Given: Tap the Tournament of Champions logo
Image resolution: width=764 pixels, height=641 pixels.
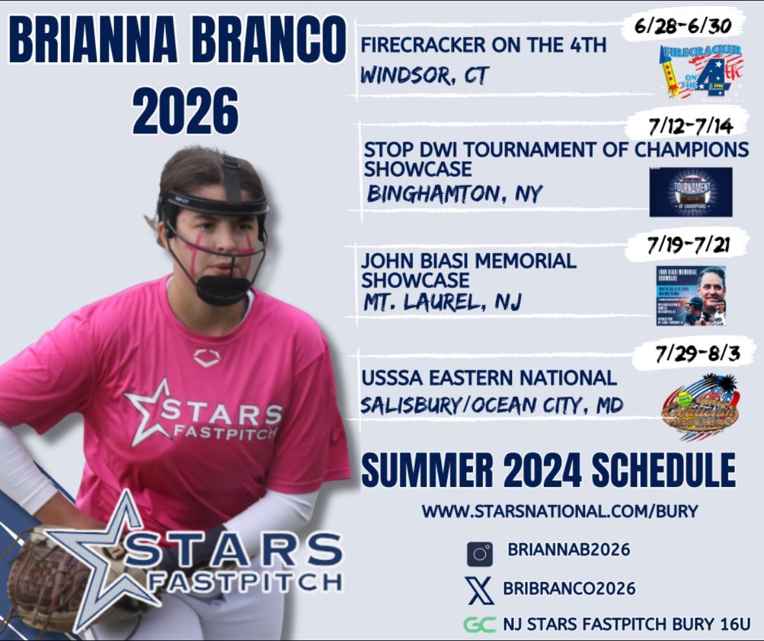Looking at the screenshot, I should click(x=691, y=192).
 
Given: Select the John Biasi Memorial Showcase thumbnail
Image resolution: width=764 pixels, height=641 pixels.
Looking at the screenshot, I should click(x=691, y=296).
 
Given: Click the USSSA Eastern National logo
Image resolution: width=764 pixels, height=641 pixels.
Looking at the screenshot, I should click(x=700, y=407).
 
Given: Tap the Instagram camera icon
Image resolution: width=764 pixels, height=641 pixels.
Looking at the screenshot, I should click(x=481, y=554).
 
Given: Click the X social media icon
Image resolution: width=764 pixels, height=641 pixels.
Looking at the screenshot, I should click(x=480, y=589).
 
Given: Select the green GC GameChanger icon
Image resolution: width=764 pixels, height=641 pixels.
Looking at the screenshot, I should click(x=480, y=625).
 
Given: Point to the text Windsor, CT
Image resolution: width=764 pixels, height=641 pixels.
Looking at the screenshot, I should click(x=423, y=76).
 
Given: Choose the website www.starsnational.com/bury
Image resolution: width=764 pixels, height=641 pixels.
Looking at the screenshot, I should click(x=559, y=511).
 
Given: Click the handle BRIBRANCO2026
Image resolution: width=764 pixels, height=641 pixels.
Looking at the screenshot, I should click(x=569, y=589).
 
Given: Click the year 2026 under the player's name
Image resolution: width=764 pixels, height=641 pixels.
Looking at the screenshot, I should click(x=185, y=113).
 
